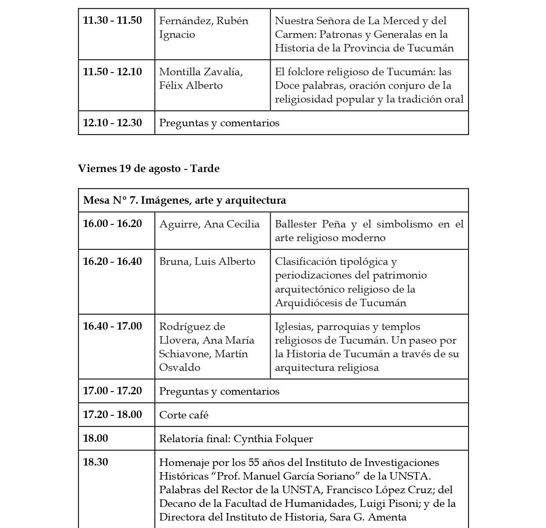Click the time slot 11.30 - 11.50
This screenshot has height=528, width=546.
coord(112,20)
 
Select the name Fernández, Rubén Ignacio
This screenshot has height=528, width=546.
coord(203,27)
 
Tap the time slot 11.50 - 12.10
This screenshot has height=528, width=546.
coord(112,71)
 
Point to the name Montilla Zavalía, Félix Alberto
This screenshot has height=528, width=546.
coord(201,78)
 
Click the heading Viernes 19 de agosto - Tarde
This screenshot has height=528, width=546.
coord(148,169)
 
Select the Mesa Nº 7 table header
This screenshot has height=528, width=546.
coord(184,200)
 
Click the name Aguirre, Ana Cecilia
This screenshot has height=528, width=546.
coord(209,224)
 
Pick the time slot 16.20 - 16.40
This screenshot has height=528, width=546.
coord(112,261)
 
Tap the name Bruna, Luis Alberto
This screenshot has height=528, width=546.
coord(207,261)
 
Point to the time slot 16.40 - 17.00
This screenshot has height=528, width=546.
coord(112,326)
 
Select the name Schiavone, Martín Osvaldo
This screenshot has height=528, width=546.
coord(203,360)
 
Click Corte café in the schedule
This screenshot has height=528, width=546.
coord(183,415)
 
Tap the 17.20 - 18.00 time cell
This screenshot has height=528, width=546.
coord(112,414)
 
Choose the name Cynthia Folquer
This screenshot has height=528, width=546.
coord(273,439)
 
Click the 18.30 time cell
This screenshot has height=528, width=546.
coord(95,462)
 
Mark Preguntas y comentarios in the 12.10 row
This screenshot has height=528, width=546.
coord(219,123)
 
